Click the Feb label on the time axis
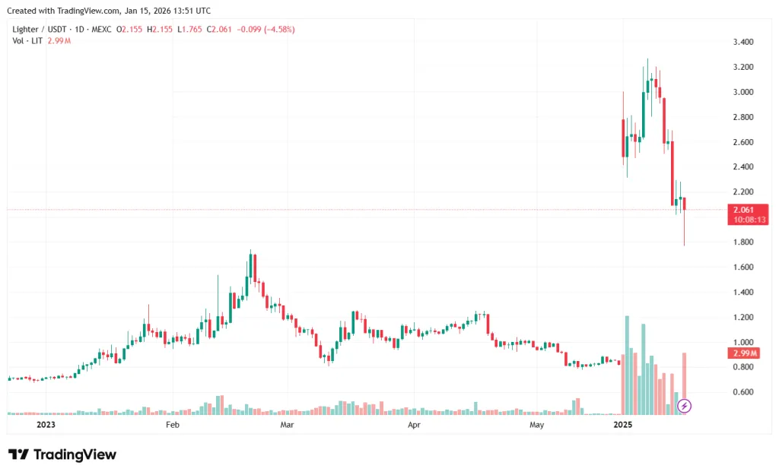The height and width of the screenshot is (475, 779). point(172,426)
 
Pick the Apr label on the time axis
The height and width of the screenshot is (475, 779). point(414,426)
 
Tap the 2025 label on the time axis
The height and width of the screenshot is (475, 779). point(623,426)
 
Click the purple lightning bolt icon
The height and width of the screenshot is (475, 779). point(684,407)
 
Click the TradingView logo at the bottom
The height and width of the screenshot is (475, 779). point(62,454)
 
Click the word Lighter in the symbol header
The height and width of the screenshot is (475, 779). point(27,30)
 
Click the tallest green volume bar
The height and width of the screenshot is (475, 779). point(627,365)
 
